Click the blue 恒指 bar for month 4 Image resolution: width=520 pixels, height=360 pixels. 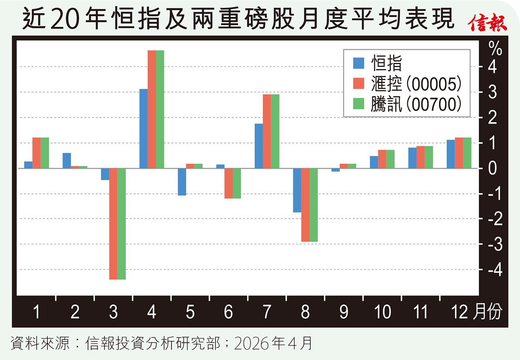click(x=143, y=128)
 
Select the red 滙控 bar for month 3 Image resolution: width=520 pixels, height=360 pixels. click(x=113, y=224)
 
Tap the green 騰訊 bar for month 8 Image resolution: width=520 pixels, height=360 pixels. click(x=313, y=205)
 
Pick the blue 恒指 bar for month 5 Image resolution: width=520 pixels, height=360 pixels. click(x=182, y=182)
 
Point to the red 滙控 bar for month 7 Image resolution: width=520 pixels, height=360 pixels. click(x=267, y=131)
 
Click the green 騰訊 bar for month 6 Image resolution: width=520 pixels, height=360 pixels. click(x=237, y=183)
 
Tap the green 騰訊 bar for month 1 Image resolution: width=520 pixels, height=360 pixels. click(x=45, y=153)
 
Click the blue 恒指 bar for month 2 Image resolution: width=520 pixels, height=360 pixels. click(x=67, y=160)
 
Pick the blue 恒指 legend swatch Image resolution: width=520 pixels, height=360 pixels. click(x=359, y=64)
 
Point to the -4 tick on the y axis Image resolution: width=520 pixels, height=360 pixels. click(x=494, y=270)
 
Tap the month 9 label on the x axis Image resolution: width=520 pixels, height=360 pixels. click(x=343, y=312)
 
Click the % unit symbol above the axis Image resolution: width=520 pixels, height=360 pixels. click(x=495, y=48)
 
